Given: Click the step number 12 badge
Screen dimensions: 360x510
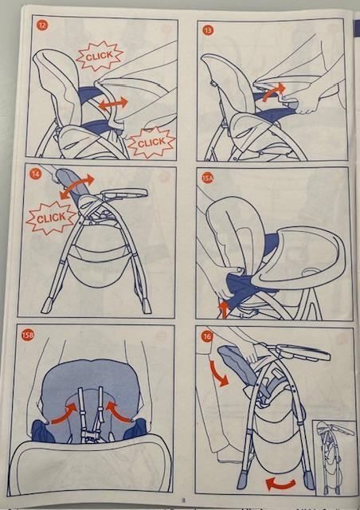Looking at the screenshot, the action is (x=42, y=25).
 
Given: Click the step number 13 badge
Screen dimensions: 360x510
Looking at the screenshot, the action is (x=208, y=30).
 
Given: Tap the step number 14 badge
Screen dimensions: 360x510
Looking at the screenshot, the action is (x=36, y=175).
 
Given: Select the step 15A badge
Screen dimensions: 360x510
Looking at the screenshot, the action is (x=207, y=178).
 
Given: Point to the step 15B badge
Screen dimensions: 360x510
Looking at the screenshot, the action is (x=27, y=335).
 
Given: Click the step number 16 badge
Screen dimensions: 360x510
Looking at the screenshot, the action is (x=207, y=336).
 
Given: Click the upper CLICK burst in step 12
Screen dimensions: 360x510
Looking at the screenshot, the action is (x=100, y=56).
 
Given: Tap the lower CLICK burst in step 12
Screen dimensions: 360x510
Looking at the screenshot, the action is (x=151, y=143).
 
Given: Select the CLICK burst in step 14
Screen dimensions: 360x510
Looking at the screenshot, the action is (x=51, y=218).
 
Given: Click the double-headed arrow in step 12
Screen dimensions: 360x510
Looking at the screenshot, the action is (x=113, y=104).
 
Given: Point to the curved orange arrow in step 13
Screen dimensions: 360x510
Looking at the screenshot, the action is (x=272, y=91).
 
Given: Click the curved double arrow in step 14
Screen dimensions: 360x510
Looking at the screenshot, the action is (x=76, y=186).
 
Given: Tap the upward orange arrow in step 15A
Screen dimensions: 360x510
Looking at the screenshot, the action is (x=224, y=309).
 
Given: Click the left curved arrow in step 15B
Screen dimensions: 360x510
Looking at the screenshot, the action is (x=65, y=414).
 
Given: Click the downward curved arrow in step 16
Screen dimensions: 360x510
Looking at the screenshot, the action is (x=218, y=374).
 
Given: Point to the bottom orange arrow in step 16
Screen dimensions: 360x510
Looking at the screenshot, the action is (x=281, y=484).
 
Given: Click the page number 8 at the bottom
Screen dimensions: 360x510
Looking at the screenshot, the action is (x=184, y=500).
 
